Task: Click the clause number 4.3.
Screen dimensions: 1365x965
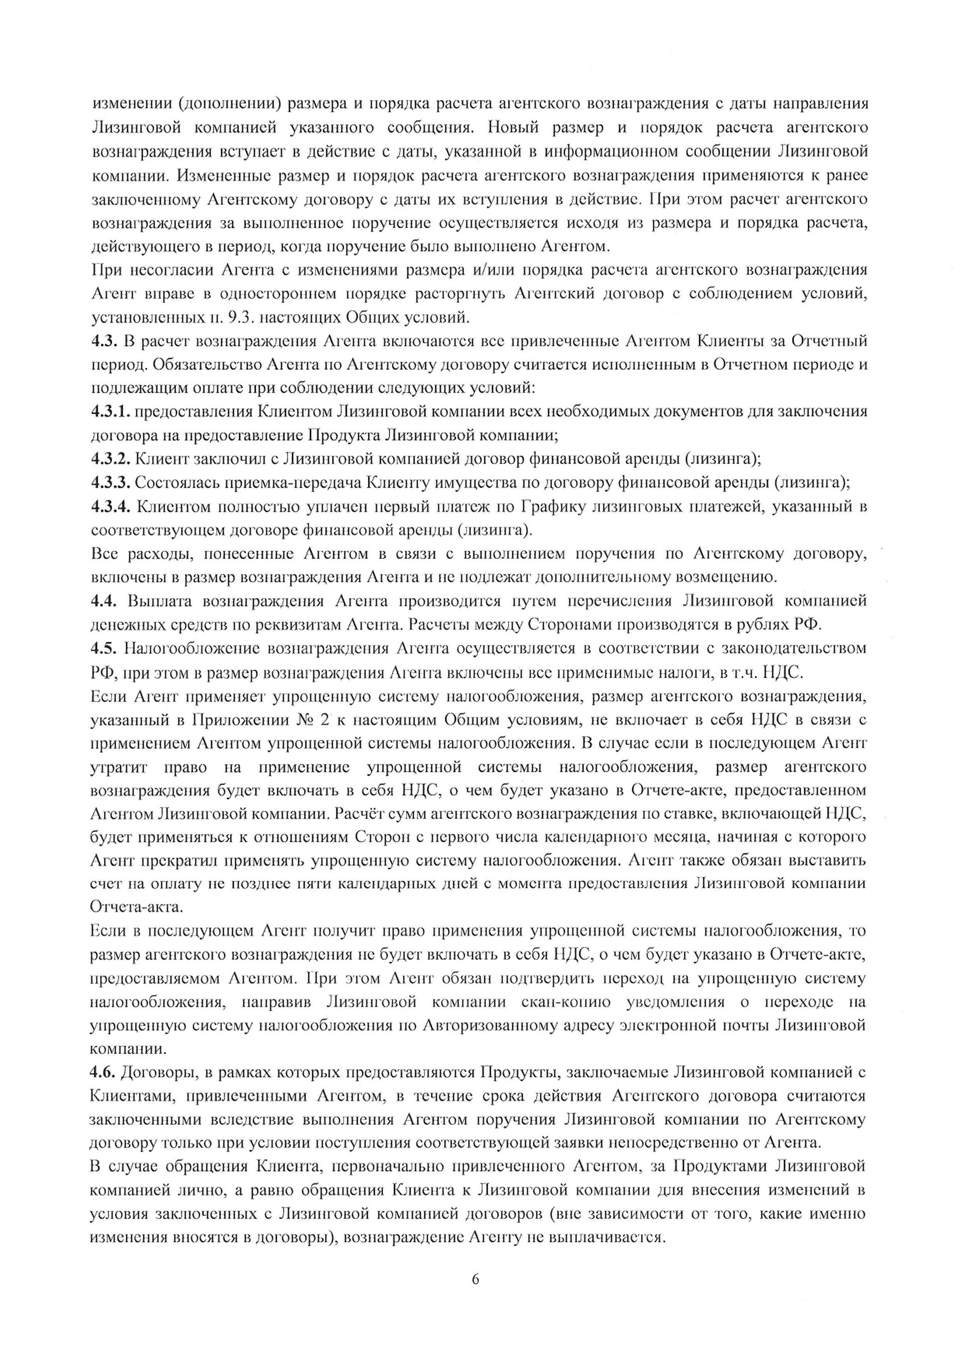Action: pos(105,341)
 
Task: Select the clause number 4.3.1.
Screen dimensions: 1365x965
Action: pos(111,412)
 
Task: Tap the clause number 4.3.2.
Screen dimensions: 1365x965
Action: pos(111,459)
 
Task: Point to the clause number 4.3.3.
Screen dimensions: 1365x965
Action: pos(111,483)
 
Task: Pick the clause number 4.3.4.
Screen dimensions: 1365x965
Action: pos(111,507)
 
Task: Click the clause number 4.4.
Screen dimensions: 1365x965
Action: pos(105,601)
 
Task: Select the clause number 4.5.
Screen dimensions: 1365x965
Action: pos(105,648)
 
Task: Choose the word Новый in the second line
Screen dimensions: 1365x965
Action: pos(512,128)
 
